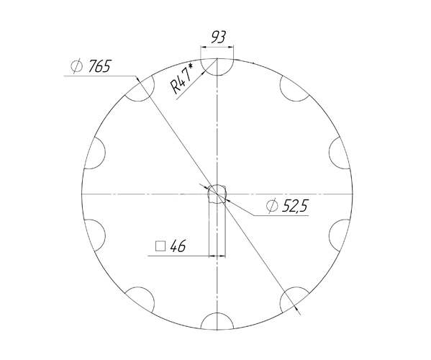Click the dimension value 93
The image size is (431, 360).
[220, 36]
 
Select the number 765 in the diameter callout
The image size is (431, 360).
[99, 67]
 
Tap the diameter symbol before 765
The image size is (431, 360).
[77, 68]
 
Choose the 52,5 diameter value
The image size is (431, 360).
[294, 207]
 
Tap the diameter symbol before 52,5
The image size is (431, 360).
[272, 207]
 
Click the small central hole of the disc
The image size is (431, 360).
[217, 194]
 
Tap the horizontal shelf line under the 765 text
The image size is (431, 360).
[101, 76]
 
